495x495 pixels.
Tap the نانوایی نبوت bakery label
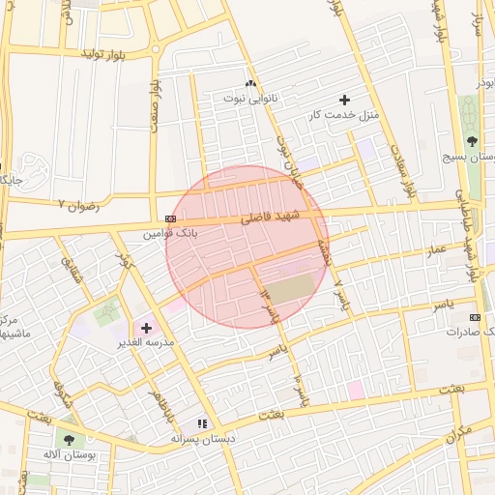click(249, 98)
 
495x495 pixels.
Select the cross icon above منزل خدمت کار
click(345, 100)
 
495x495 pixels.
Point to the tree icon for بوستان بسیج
click(472, 141)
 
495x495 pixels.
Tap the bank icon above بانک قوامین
click(170, 218)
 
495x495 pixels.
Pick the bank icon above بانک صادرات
click(475, 317)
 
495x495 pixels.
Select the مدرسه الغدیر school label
click(146, 343)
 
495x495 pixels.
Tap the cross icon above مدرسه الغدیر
click(146, 329)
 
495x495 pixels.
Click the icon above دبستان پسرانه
click(202, 423)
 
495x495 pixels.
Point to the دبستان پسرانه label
click(201, 438)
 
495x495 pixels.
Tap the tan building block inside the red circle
click(290, 287)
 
